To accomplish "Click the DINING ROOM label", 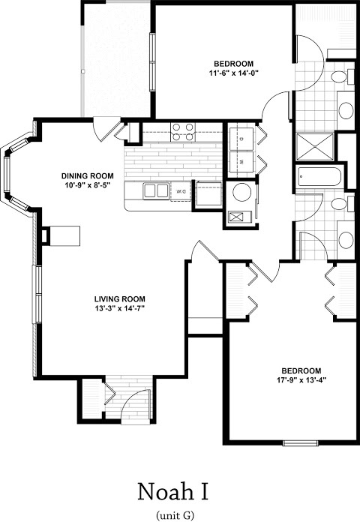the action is click(x=88, y=175).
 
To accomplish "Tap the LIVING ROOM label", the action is click(x=120, y=299).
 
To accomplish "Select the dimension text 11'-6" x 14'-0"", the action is click(x=234, y=72).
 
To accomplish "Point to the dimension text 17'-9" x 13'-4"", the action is click(x=301, y=380).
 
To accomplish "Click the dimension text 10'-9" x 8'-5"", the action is click(x=88, y=184).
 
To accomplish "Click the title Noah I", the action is click(x=173, y=492).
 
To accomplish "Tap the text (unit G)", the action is click(x=175, y=514).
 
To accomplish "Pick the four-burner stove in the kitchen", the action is click(x=183, y=132).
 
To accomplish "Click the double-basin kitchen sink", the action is click(x=156, y=190).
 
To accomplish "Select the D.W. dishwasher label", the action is click(x=181, y=191).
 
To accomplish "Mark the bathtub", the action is click(x=319, y=176).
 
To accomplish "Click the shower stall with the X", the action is click(x=315, y=146).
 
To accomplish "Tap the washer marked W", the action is click(x=241, y=163).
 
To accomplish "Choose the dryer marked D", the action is click(x=241, y=137).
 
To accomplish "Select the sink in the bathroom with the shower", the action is click(x=346, y=110).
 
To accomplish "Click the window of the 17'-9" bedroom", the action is click(x=300, y=443).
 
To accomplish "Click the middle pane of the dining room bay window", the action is click(x=7, y=175).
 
